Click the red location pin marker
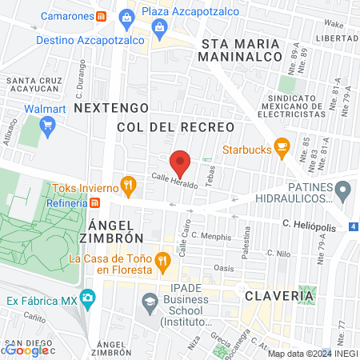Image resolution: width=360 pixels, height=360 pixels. [181, 163]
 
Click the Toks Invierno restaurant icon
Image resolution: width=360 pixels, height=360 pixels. [127, 187]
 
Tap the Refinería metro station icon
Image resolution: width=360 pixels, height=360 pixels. [94, 203]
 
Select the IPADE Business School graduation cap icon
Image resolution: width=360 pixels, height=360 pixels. [149, 302]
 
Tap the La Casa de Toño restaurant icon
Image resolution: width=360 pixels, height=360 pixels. [162, 260]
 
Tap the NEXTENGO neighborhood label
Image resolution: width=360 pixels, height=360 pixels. [110, 106]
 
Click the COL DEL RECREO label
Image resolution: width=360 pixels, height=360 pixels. [175, 127]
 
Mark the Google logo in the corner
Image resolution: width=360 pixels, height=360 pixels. [26, 350]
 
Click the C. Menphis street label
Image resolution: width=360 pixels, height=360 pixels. [211, 238]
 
